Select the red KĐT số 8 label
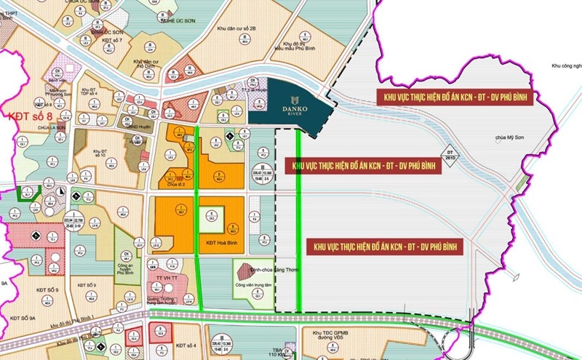(x=27, y=115)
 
